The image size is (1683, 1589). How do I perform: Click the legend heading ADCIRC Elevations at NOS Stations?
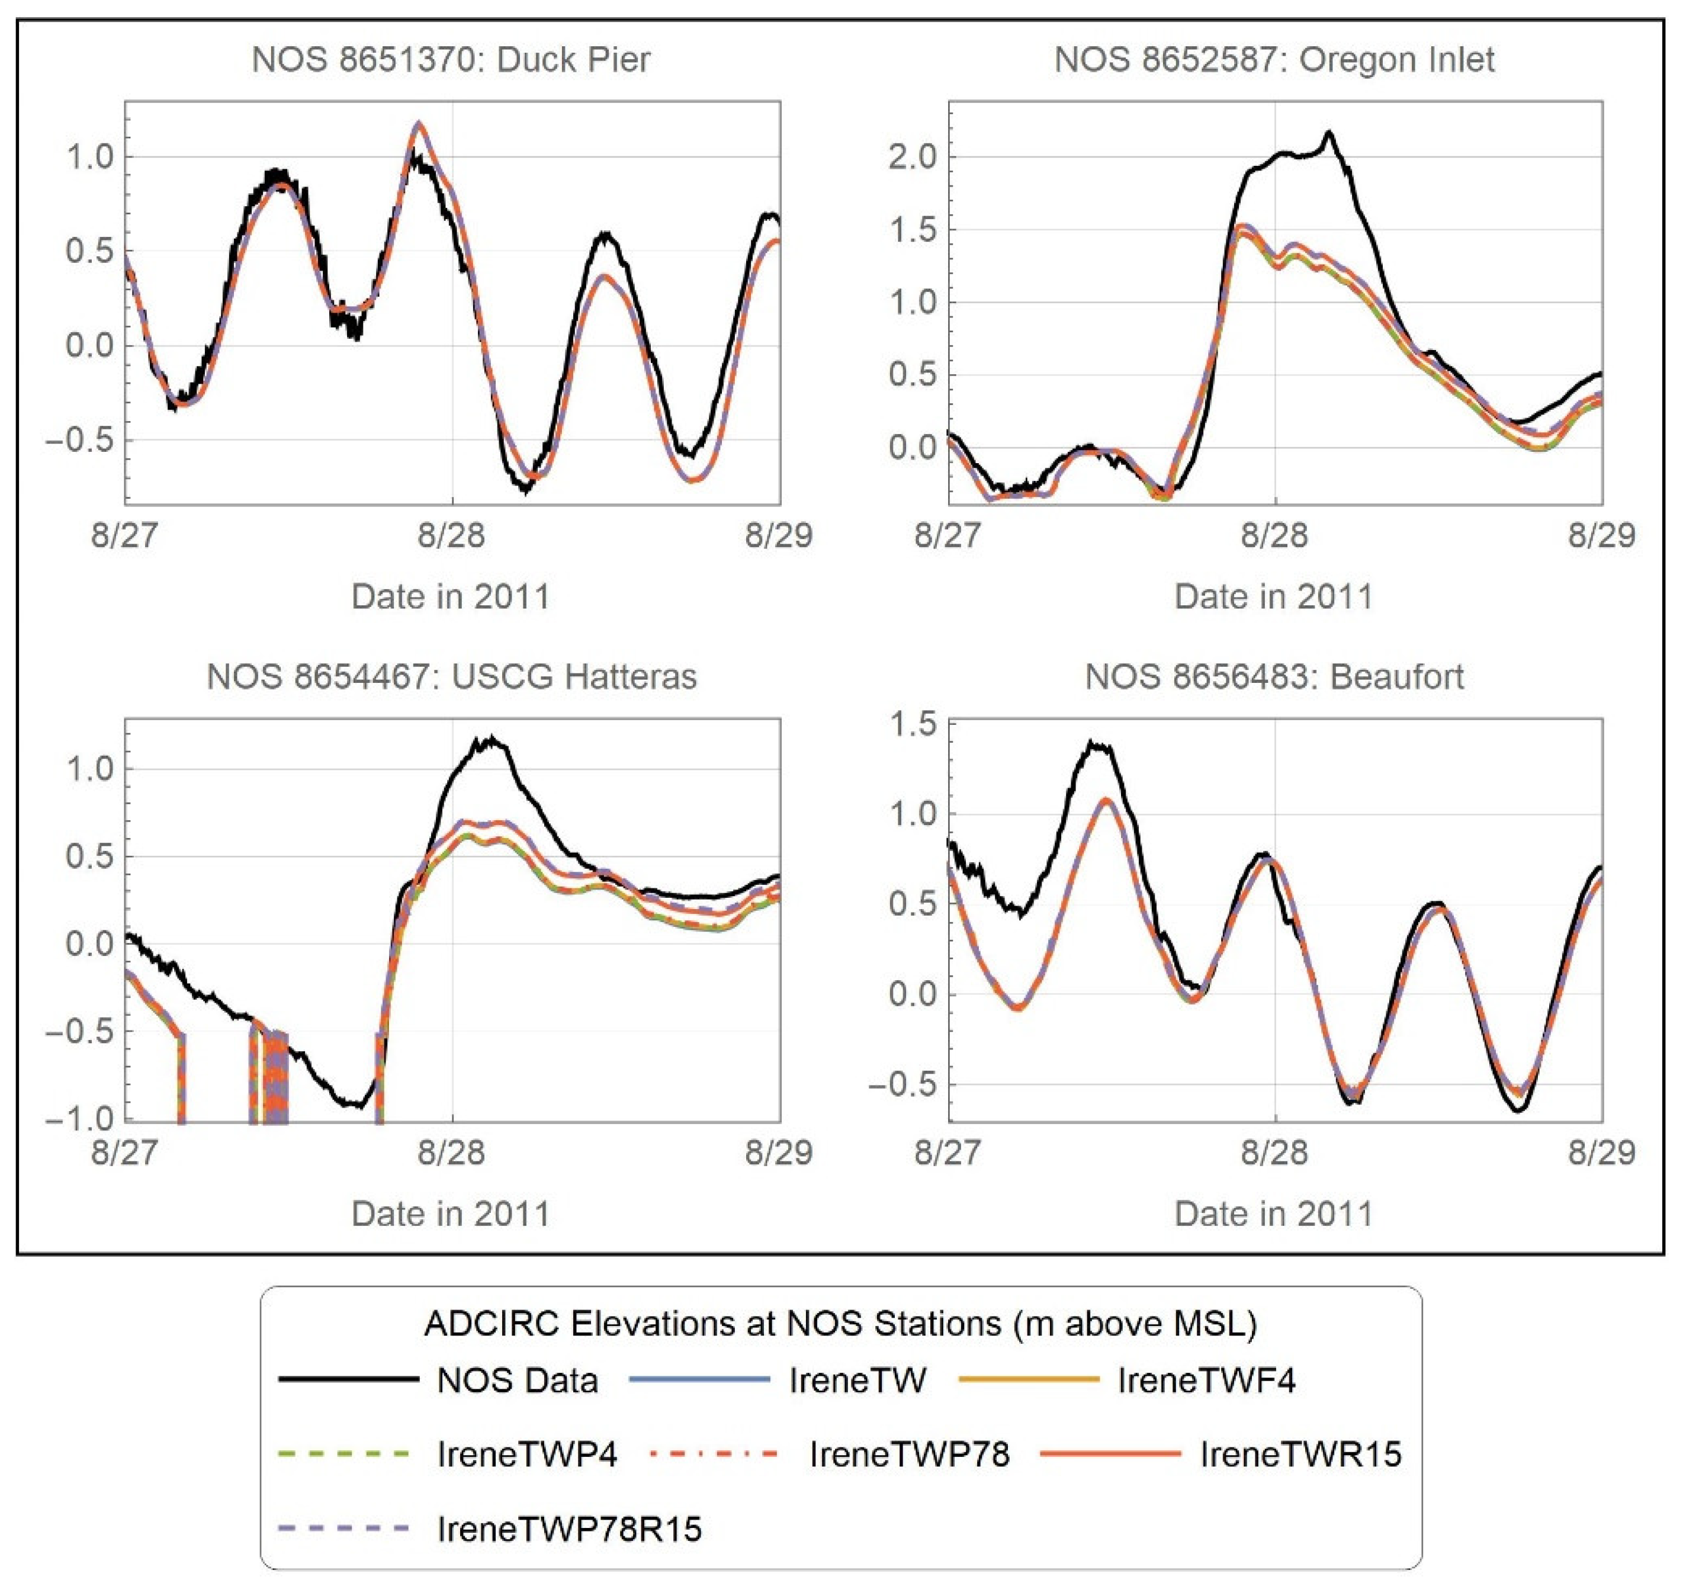tap(840, 1323)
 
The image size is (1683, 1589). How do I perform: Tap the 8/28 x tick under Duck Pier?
tap(451, 535)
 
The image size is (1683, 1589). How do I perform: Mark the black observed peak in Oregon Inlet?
tap(1329, 133)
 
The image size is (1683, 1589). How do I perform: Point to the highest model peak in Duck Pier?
tap(417, 124)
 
